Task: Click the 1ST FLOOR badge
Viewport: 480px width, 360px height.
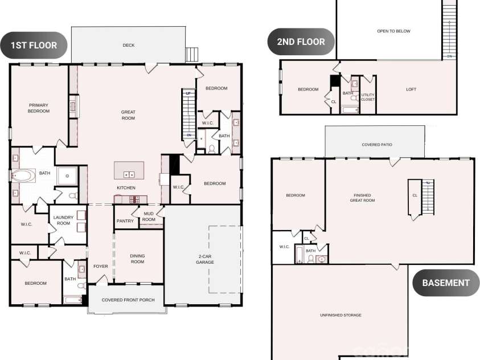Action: [34, 45]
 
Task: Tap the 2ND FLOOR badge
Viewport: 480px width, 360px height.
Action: [301, 42]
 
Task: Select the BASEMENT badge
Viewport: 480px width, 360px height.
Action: [446, 283]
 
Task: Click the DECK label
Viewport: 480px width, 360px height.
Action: [129, 46]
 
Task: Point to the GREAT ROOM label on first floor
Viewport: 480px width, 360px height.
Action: [128, 115]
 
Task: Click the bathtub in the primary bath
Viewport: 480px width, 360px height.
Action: [23, 176]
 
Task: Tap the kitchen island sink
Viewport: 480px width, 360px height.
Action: [129, 174]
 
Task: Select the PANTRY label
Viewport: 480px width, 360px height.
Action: [125, 221]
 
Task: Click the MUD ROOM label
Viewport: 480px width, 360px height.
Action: [149, 217]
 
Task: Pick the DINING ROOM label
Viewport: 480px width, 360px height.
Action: [137, 259]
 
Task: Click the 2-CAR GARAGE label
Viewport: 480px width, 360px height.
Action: [205, 260]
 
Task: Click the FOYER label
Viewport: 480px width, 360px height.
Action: [101, 267]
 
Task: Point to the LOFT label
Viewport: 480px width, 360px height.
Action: [411, 89]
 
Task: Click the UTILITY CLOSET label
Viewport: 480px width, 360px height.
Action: [368, 97]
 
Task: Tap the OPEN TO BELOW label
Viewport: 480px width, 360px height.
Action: [393, 31]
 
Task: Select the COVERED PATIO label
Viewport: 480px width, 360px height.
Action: [377, 145]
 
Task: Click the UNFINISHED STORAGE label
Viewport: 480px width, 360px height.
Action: [340, 315]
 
